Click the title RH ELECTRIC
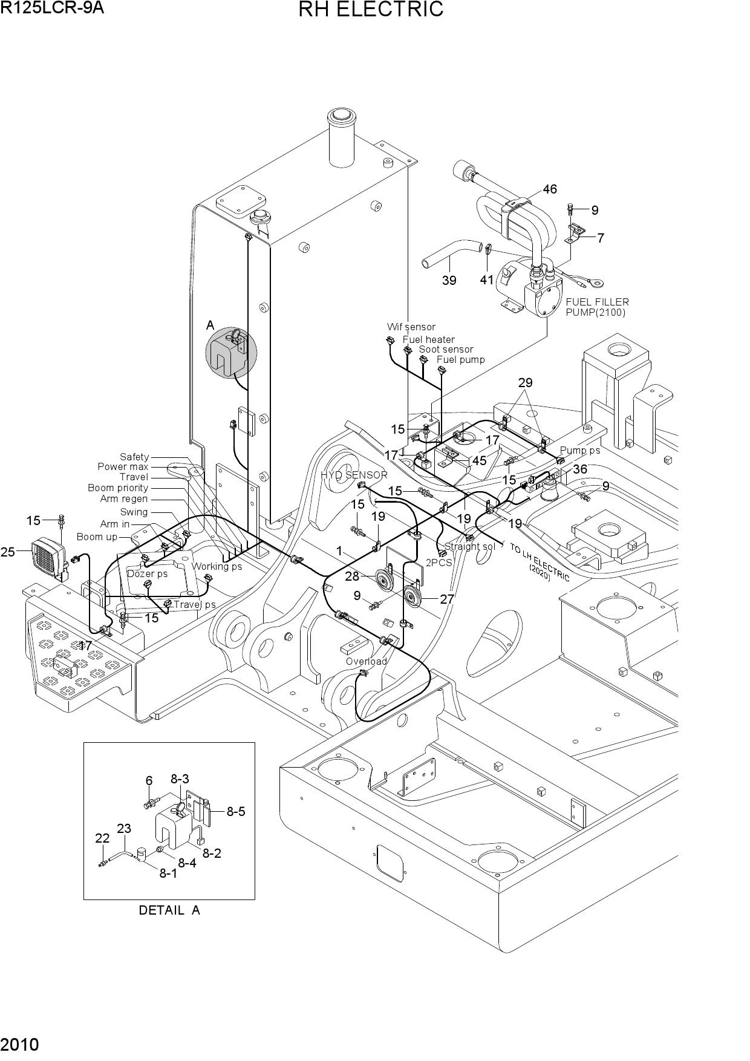pyautogui.click(x=371, y=10)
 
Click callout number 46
pyautogui.click(x=549, y=189)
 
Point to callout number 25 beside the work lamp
pyautogui.click(x=8, y=552)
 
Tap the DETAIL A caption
pyautogui.click(x=169, y=910)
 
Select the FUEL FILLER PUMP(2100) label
pyautogui.click(x=597, y=307)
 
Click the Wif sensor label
pyautogui.click(x=411, y=327)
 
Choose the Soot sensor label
pyautogui.click(x=446, y=349)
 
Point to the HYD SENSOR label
pyautogui.click(x=354, y=475)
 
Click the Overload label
pyautogui.click(x=367, y=661)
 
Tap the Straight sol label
pyautogui.click(x=470, y=546)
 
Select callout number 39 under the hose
pyautogui.click(x=449, y=280)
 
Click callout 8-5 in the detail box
pyautogui.click(x=236, y=811)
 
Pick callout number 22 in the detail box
pyautogui.click(x=102, y=838)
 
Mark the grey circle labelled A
pyautogui.click(x=231, y=353)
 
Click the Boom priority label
pyautogui.click(x=118, y=488)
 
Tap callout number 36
pyautogui.click(x=580, y=469)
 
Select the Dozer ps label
pyautogui.click(x=147, y=573)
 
